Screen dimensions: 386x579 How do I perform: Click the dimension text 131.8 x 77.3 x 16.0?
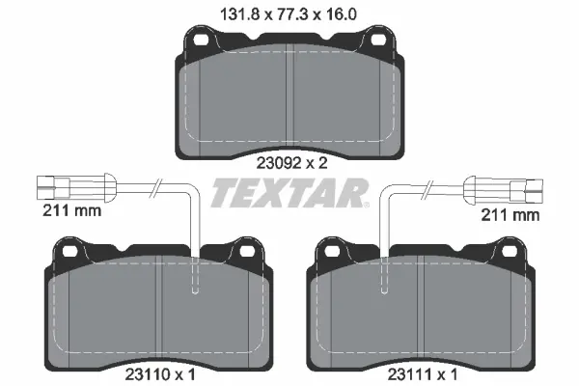289,14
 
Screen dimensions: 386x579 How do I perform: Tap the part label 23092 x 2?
289,163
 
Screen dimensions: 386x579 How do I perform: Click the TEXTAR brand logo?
288,194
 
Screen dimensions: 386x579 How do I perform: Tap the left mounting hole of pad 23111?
333,252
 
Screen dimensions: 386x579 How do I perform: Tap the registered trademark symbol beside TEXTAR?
366,205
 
